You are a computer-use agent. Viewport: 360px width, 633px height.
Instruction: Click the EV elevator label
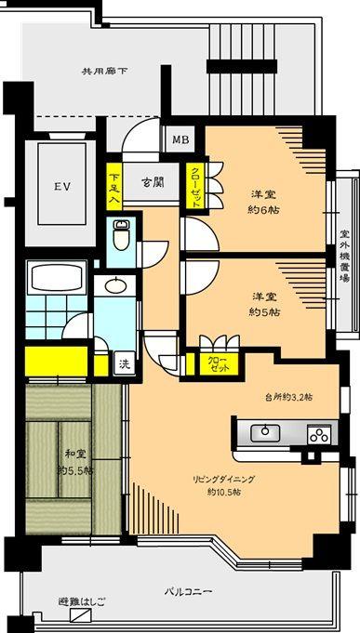coord(61,187)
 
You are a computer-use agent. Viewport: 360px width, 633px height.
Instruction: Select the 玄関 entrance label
coord(153,182)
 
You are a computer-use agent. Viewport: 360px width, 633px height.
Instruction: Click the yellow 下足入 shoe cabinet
coord(113,188)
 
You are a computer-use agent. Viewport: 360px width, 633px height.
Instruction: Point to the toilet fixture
coord(120,233)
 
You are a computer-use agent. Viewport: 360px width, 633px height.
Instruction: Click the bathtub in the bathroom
coord(58,278)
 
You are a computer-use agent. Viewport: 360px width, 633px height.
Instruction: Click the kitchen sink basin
coord(267,431)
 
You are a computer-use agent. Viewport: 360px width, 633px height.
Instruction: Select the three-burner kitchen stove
coord(318,433)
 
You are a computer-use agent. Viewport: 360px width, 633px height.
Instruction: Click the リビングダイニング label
coord(224,479)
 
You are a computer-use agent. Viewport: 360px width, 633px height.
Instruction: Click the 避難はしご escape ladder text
coord(81,602)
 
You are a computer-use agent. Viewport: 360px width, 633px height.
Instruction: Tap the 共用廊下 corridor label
coord(103,71)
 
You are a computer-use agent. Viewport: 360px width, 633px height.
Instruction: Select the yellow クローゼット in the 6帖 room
coord(196,185)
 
